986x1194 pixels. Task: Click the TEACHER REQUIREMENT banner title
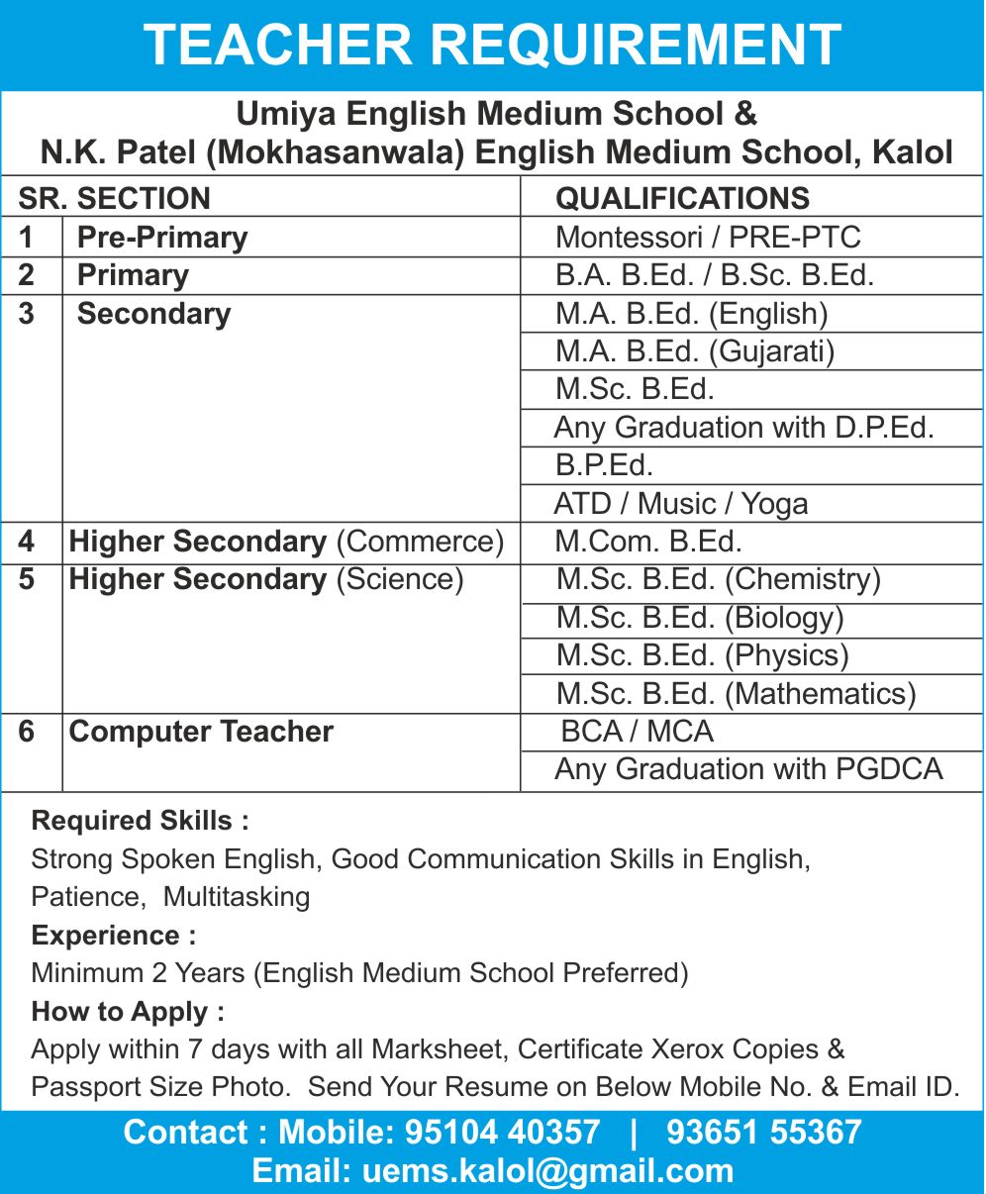[x=492, y=45]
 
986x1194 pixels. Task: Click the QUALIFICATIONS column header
[x=682, y=198]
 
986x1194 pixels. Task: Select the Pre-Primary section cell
[x=162, y=238]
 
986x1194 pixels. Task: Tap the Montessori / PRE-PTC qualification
[x=708, y=238]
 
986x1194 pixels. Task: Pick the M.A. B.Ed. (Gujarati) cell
[x=695, y=351]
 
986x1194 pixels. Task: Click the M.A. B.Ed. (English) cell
[x=691, y=314]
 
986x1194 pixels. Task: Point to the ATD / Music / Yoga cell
[x=680, y=504]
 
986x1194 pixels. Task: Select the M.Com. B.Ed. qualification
[x=648, y=542]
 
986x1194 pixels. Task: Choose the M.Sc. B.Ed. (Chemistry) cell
[x=718, y=579]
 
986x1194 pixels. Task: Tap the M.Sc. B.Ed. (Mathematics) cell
[x=736, y=693]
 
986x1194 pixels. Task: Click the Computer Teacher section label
[x=201, y=732]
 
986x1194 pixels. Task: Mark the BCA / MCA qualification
[x=637, y=732]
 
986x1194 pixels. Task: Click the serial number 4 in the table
[x=27, y=542]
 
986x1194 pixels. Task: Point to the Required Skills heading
[x=140, y=821]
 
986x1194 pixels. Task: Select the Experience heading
[x=114, y=936]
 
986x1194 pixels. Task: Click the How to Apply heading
[x=128, y=1012]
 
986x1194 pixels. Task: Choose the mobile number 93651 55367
[x=764, y=1133]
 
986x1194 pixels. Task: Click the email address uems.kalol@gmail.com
[x=548, y=1171]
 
